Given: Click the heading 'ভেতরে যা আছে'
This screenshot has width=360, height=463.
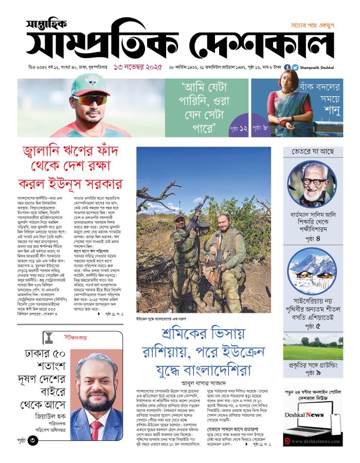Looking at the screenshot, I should point(313,152).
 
